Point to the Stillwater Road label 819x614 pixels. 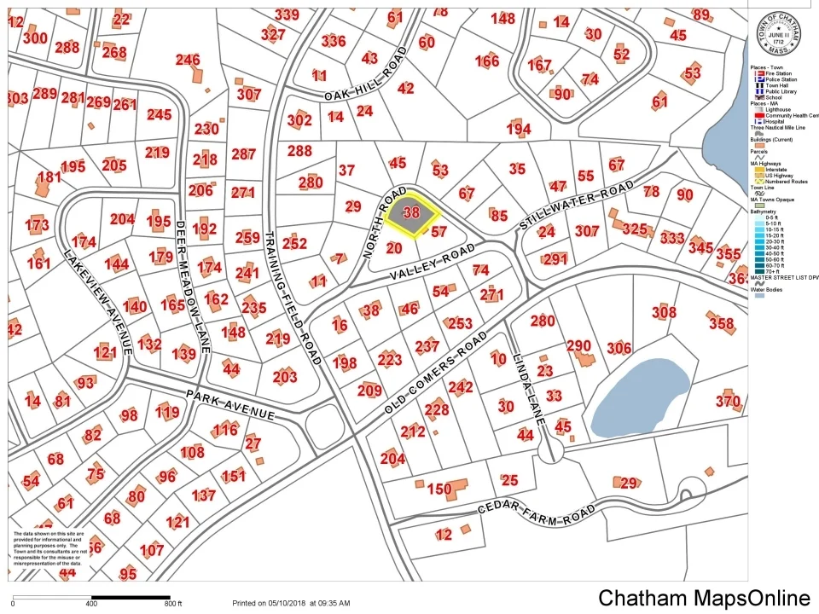pyautogui.click(x=577, y=206)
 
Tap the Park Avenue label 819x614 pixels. pyautogui.click(x=229, y=404)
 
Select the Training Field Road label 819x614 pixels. pyautogui.click(x=290, y=298)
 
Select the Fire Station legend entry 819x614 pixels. pyautogui.click(x=771, y=73)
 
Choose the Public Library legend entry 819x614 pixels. pyautogui.click(x=771, y=91)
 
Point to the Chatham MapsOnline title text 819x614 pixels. pyautogui.click(x=704, y=598)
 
